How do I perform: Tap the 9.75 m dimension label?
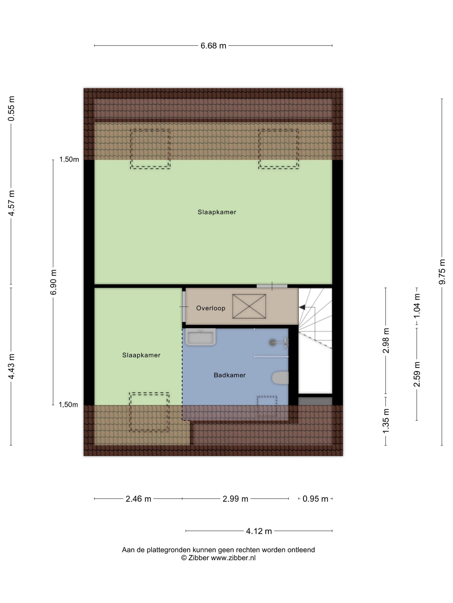click(x=442, y=272)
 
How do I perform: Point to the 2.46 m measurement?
click(x=138, y=499)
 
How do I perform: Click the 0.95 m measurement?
click(x=315, y=499)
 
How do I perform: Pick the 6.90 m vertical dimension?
click(x=53, y=282)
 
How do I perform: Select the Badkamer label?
click(x=230, y=375)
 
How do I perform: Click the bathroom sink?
click(x=201, y=337)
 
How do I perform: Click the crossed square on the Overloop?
click(x=249, y=306)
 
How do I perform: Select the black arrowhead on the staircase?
click(x=302, y=307)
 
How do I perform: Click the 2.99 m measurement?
click(x=235, y=499)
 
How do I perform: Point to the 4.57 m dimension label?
click(x=11, y=203)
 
